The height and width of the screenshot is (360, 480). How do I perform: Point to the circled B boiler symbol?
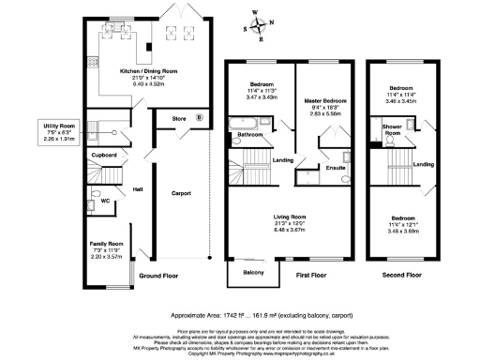click(x=199, y=118)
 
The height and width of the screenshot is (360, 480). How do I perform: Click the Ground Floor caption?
click(x=159, y=277)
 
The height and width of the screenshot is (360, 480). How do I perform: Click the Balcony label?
click(x=253, y=272)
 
